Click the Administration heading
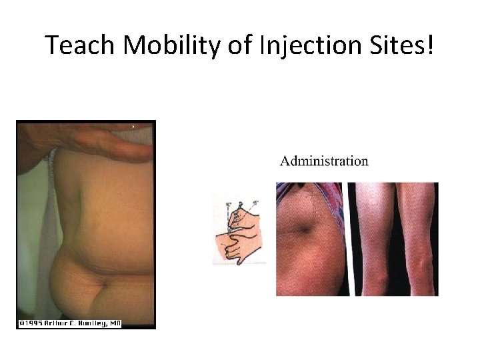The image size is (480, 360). tap(324, 161)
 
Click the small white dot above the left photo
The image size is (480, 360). tap(133, 126)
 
